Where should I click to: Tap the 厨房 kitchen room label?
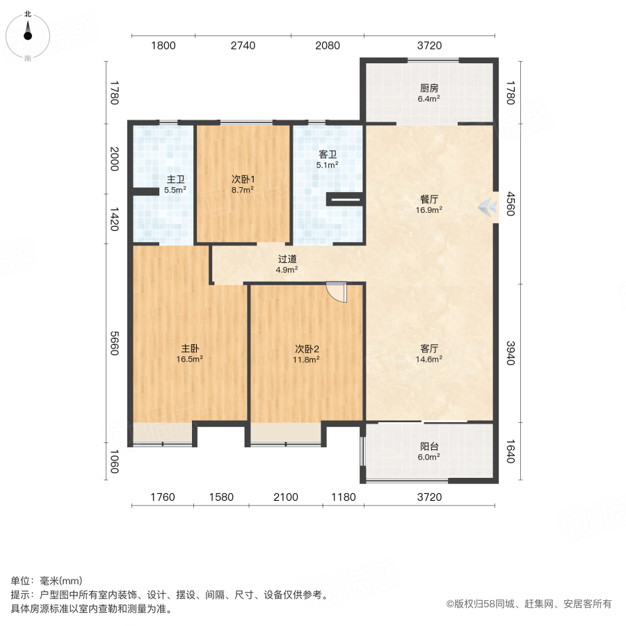coord(428,89)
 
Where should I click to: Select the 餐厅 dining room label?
coord(428,199)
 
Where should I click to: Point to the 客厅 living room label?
coord(428,349)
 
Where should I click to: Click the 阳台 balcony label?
coord(428,447)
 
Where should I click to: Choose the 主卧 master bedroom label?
coord(190,349)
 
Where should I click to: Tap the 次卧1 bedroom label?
coord(243,179)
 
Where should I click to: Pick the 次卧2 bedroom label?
coord(307,349)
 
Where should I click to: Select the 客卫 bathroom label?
coord(328,154)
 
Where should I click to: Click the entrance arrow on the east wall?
coord(488,207)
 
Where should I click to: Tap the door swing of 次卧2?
coord(337,292)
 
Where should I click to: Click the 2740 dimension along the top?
coord(243,46)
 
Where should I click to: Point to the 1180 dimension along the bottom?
coord(343,497)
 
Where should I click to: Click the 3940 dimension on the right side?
coord(509,351)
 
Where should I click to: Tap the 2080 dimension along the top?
coord(327,46)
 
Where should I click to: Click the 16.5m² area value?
coord(190,360)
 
